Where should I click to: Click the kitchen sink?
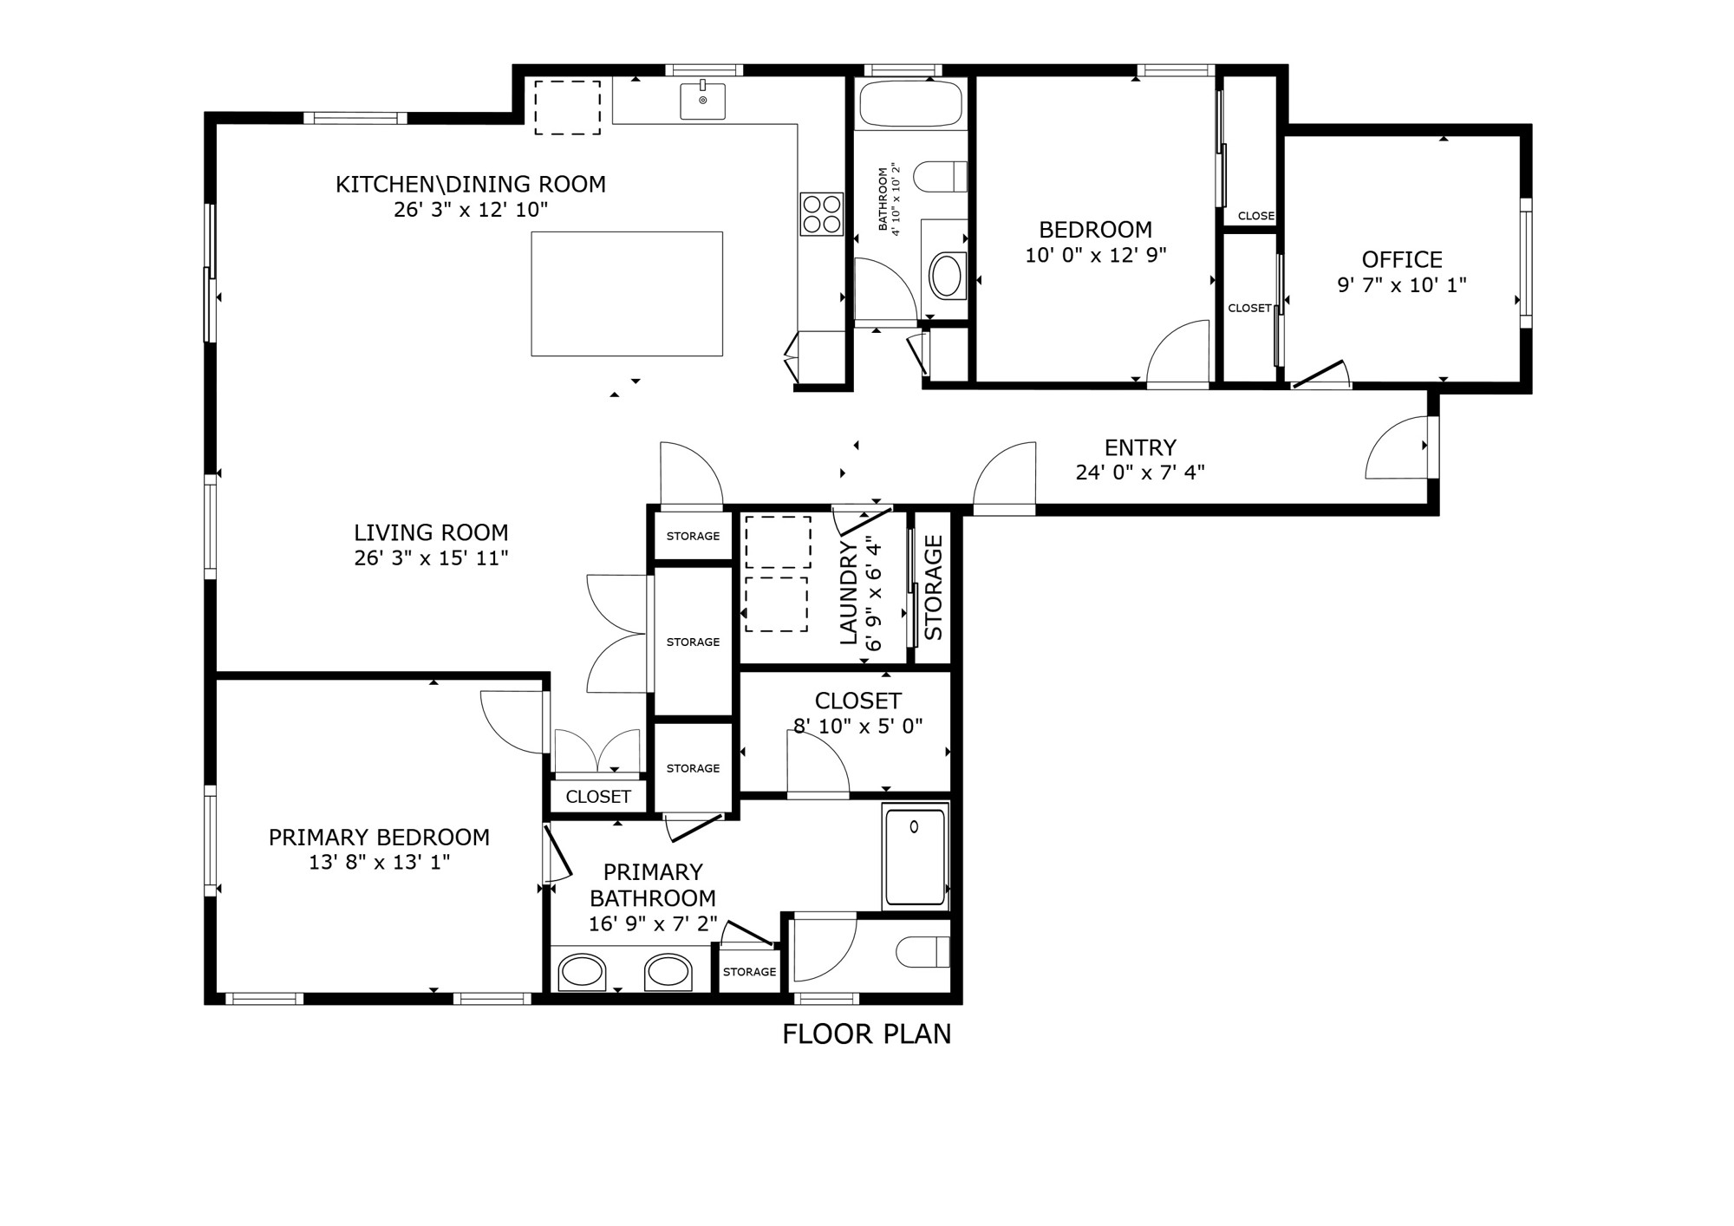tap(702, 100)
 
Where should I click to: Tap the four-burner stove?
tap(821, 213)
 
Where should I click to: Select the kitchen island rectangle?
tap(627, 294)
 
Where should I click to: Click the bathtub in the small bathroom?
tap(910, 103)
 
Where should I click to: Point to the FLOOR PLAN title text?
tap(866, 1034)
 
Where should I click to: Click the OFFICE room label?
tap(1402, 259)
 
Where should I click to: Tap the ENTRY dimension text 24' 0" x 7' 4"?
tap(1140, 473)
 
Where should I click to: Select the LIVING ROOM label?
tap(431, 532)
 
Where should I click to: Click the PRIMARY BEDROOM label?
tap(379, 837)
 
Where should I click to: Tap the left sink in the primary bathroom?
tap(581, 972)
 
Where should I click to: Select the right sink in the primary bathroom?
tap(668, 972)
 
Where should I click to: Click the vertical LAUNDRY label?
tap(849, 593)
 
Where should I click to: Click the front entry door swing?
tap(1398, 447)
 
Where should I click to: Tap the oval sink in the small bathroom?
tap(947, 276)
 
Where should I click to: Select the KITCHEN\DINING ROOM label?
tap(471, 184)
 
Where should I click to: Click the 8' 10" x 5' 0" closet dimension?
tap(858, 727)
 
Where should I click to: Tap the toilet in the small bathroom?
tap(941, 177)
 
